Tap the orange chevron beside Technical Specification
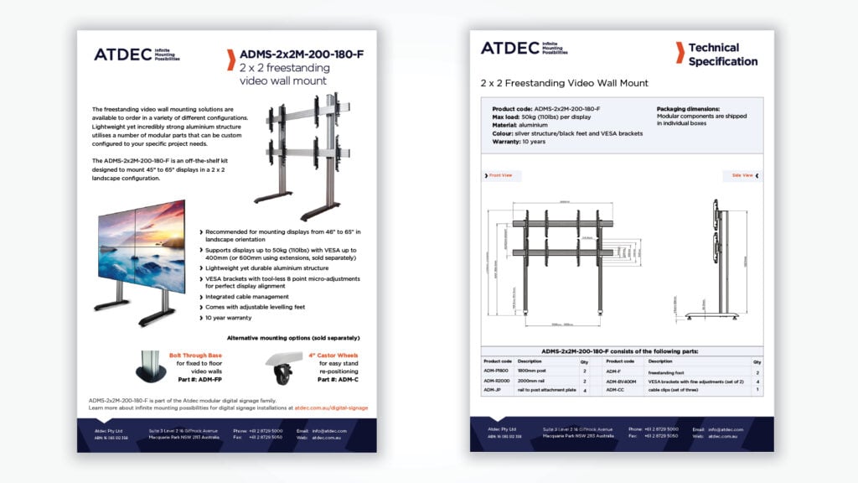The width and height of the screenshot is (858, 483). click(x=679, y=53)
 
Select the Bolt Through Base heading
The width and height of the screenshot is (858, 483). click(x=196, y=355)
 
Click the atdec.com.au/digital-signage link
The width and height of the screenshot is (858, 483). click(x=331, y=408)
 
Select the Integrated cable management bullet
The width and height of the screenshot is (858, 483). click(x=247, y=297)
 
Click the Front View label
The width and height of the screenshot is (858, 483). click(x=500, y=175)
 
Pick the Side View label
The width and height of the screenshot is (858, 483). click(x=742, y=175)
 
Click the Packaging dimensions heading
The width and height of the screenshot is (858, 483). click(x=688, y=109)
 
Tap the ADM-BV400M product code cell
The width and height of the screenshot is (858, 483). click(x=621, y=381)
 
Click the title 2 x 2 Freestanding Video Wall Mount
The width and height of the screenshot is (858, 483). click(x=564, y=83)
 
